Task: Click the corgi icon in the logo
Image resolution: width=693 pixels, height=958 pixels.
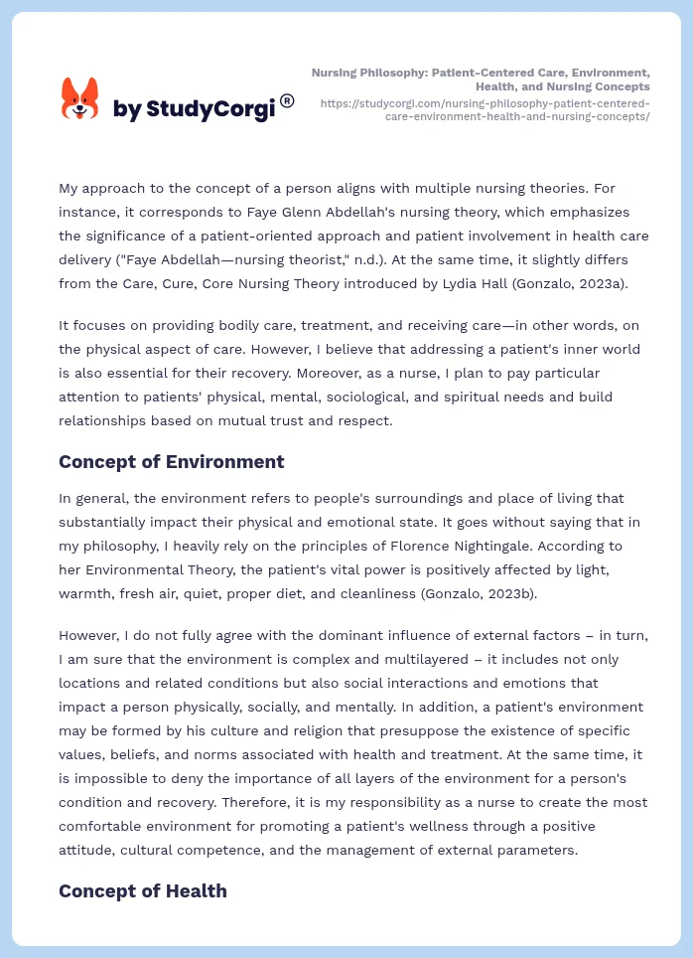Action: pyautogui.click(x=79, y=98)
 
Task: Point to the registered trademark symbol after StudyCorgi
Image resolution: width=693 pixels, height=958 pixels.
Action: pyautogui.click(x=287, y=100)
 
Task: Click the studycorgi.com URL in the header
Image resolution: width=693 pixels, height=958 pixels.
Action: pyautogui.click(x=485, y=109)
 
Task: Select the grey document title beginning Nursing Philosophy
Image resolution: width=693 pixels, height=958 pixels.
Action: pyautogui.click(x=481, y=80)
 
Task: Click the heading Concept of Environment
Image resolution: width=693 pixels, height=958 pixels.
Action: pyautogui.click(x=171, y=461)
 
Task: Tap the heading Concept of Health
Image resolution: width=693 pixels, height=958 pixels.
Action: pyautogui.click(x=142, y=890)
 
